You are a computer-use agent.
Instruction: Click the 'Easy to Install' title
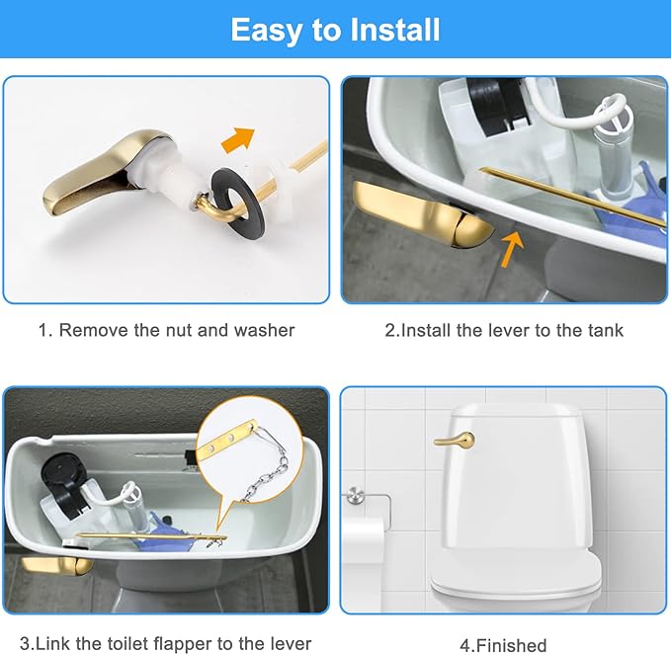335,30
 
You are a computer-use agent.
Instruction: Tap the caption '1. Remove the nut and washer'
166,330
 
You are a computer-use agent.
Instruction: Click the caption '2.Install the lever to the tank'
504,330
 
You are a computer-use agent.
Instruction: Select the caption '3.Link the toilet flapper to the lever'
166,644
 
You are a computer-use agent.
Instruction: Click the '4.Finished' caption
504,644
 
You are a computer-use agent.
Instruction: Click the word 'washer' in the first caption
264,330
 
